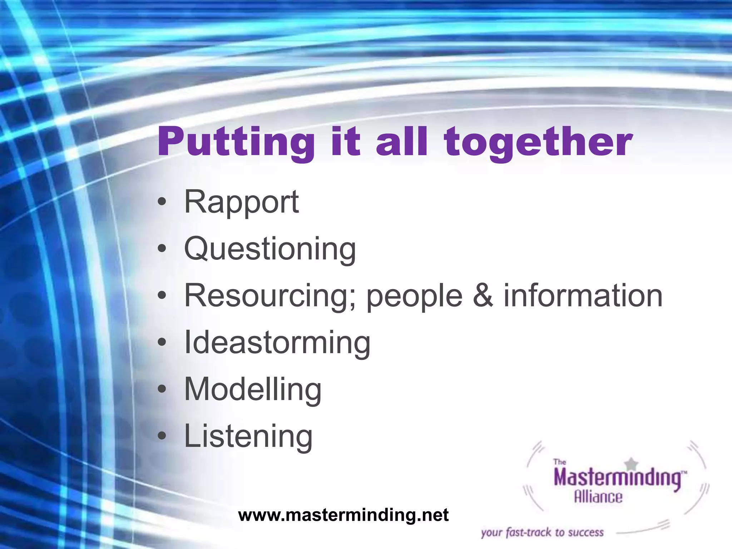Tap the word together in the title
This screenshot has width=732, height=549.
[538, 142]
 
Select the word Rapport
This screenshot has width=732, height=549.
[241, 202]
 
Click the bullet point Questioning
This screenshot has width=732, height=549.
[270, 249]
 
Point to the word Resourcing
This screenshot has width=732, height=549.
[270, 296]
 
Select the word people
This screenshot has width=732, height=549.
[415, 297]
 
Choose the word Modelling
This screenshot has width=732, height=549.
[253, 390]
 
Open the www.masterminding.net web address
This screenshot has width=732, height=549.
[343, 515]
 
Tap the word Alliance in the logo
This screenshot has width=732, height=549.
[598, 497]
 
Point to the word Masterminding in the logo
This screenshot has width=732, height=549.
[618, 478]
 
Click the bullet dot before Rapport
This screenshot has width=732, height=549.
[162, 202]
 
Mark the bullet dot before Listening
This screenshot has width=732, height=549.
[162, 436]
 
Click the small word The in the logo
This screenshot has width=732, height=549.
[559, 462]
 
